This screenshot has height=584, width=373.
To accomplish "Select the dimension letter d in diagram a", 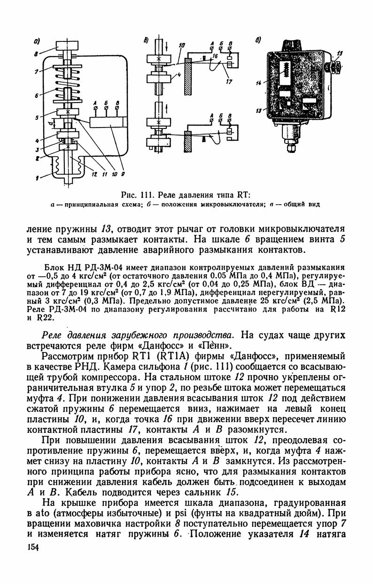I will click(50, 124).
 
